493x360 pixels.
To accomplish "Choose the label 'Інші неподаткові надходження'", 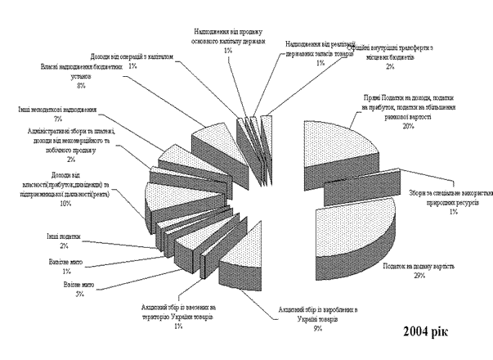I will [x=57, y=109].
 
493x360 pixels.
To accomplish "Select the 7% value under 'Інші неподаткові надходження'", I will [x=57, y=119].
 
